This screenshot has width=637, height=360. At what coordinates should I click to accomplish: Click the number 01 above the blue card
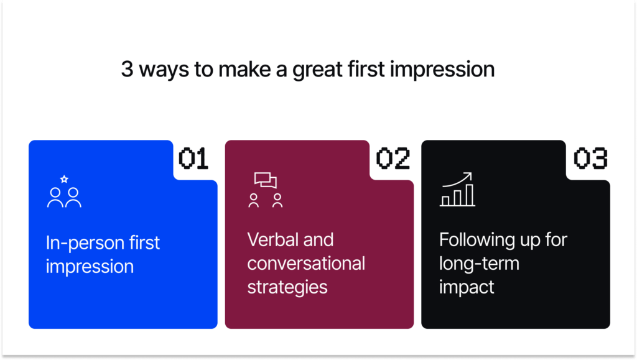coord(193,159)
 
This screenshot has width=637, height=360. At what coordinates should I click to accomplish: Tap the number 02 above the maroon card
coord(393,159)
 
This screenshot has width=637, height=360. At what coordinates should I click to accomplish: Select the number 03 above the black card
coord(590,159)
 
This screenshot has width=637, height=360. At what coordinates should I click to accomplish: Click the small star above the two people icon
coord(64,179)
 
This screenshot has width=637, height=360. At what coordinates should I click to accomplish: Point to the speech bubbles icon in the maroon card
coord(266,180)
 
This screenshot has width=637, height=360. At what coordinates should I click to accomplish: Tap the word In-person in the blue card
coord(80,242)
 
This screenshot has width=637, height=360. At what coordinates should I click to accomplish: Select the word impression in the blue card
coord(90,267)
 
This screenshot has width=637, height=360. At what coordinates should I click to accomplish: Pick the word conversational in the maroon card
coord(306,263)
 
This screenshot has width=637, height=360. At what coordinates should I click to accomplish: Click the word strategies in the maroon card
coord(287,287)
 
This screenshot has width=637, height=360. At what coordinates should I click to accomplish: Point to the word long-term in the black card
coord(479,263)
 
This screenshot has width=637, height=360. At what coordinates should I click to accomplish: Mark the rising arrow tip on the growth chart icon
coord(470,175)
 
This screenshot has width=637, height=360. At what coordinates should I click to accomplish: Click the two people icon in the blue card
coord(64,197)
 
